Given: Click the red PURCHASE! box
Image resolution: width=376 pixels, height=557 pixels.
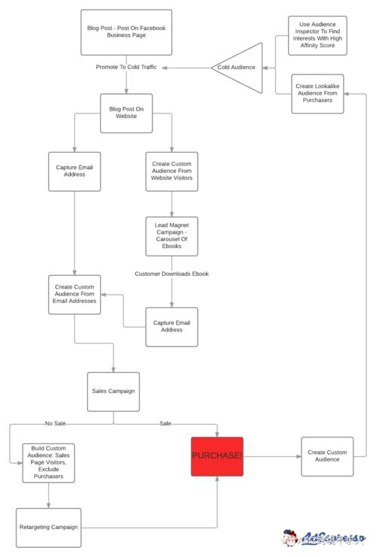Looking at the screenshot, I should click(x=217, y=456).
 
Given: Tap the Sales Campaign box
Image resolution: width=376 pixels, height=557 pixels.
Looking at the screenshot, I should click(x=113, y=391).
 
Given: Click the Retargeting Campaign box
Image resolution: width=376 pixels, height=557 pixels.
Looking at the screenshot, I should click(x=48, y=527).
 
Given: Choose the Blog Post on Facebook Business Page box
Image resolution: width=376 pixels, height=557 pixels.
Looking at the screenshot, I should click(x=126, y=32).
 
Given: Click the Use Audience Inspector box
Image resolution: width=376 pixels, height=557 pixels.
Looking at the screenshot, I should click(x=318, y=35).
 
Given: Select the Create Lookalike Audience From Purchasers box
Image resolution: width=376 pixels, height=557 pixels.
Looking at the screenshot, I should click(x=318, y=93).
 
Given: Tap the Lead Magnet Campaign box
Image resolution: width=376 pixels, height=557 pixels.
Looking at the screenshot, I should click(x=171, y=237).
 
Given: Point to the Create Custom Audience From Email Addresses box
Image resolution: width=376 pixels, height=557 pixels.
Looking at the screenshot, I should click(x=74, y=294).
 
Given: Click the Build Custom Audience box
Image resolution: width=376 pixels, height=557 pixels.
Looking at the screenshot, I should click(x=49, y=462).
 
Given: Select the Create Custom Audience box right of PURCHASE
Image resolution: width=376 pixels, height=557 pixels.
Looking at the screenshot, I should click(x=327, y=456).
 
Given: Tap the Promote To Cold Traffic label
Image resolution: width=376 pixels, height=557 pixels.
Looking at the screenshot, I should click(x=127, y=67).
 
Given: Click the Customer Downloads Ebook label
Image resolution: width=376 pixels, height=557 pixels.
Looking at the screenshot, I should click(x=171, y=274).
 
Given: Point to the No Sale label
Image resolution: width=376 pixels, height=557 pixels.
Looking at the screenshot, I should click(x=55, y=423).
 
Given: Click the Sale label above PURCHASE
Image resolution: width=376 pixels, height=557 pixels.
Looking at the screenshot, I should click(x=165, y=423).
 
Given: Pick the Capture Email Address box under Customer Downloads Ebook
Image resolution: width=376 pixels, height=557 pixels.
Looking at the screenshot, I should click(x=171, y=327).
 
